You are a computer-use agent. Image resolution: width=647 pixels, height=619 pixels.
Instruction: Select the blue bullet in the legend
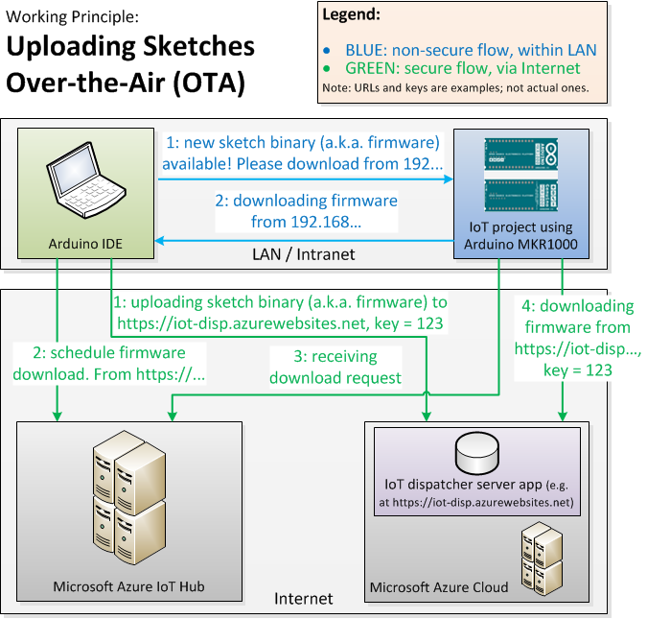coord(328,49)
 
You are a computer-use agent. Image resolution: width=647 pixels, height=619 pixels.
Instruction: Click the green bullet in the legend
coord(328,68)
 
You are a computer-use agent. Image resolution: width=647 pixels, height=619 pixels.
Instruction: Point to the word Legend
coord(351,15)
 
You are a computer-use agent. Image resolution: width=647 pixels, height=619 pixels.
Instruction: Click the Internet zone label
coord(303,598)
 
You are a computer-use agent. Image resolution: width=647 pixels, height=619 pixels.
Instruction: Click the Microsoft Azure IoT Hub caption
coord(128,586)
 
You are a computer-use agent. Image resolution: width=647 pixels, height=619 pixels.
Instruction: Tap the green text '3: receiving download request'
coord(335,367)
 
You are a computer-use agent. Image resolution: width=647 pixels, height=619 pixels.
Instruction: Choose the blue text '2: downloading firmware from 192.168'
coord(305,211)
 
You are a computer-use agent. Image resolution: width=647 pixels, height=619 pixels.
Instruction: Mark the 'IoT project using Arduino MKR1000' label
coord(522,235)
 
